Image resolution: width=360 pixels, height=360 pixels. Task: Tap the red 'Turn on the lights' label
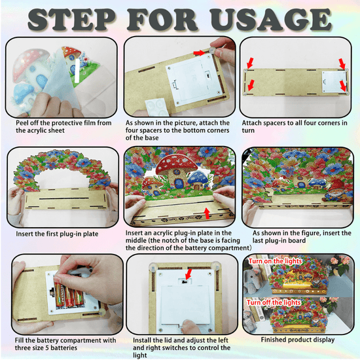(x=275, y=261)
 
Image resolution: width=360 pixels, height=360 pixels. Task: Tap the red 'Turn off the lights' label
(x=274, y=302)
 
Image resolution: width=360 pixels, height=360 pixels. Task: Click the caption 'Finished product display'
(x=298, y=340)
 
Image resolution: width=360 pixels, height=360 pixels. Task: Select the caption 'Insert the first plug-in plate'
(x=57, y=234)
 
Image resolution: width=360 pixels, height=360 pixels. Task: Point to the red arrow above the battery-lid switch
(x=189, y=274)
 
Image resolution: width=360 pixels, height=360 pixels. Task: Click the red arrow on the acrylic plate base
(x=207, y=213)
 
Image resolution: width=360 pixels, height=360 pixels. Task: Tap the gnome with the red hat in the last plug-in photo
(x=336, y=191)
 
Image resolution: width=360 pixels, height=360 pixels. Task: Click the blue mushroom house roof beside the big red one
(x=198, y=177)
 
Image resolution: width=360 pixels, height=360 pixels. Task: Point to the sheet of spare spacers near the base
(x=156, y=107)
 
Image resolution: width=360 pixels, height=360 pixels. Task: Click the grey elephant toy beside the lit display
(x=253, y=280)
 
